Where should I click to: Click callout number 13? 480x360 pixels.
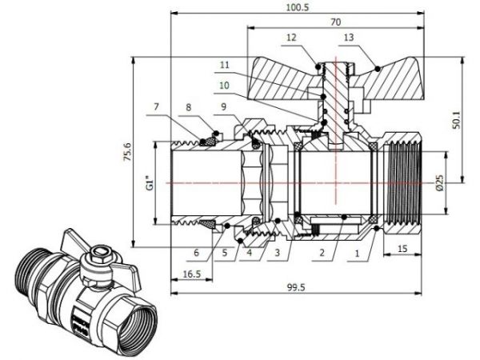pyautogui.click(x=347, y=37)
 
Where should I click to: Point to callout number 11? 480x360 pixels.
pyautogui.click(x=223, y=64)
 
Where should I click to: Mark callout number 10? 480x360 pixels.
pyautogui.click(x=223, y=85)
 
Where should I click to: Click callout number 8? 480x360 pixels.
pyautogui.click(x=188, y=106)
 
